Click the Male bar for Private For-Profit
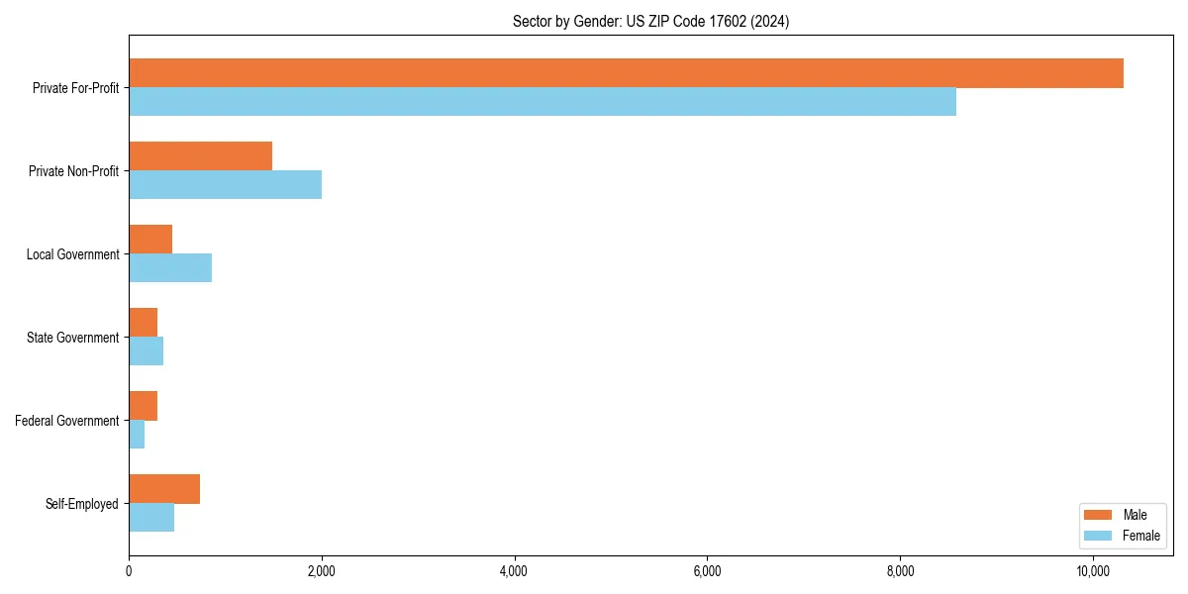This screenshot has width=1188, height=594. [x=626, y=73]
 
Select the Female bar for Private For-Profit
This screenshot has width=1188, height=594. [x=543, y=102]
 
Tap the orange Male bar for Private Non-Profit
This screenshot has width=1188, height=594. [x=200, y=156]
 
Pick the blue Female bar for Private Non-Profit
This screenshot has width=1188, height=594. [x=225, y=185]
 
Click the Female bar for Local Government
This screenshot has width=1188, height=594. [x=170, y=268]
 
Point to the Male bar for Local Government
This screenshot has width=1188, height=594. [x=150, y=240]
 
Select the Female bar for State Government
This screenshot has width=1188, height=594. [x=146, y=351]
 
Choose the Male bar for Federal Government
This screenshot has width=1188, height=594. [x=143, y=406]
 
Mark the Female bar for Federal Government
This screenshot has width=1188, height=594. [x=137, y=435]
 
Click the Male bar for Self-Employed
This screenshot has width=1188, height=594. [x=164, y=489]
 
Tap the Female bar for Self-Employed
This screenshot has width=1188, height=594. [x=151, y=518]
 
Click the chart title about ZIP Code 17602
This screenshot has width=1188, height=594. [x=650, y=21]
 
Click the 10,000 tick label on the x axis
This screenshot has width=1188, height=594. [x=1092, y=572]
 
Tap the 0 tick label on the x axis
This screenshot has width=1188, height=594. [x=129, y=572]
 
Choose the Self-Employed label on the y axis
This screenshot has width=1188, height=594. [x=81, y=504]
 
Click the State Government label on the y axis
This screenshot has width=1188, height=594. [x=72, y=338]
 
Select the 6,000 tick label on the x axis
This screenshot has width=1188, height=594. [x=707, y=572]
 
